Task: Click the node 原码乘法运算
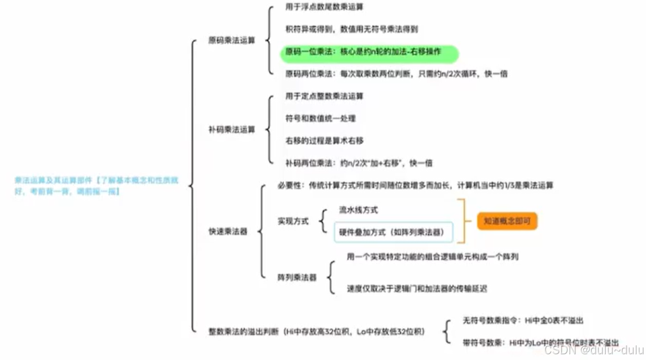tap(231, 40)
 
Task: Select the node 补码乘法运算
tap(231, 130)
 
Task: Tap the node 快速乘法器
tap(228, 231)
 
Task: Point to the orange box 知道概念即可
tap(507, 221)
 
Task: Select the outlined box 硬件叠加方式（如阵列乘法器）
tap(393, 232)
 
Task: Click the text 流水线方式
tap(358, 210)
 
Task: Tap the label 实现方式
tap(292, 221)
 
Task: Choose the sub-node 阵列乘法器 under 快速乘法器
tap(297, 277)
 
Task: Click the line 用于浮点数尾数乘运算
tap(324, 7)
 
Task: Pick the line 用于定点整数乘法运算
tap(324, 96)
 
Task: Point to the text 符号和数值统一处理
tap(320, 119)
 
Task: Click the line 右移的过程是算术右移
tap(324, 141)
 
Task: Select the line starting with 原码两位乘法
tap(396, 74)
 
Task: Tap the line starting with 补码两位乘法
tap(359, 163)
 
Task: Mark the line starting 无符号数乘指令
tap(523, 320)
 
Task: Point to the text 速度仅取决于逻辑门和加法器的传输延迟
tap(417, 288)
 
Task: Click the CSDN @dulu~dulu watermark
tap(594, 350)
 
